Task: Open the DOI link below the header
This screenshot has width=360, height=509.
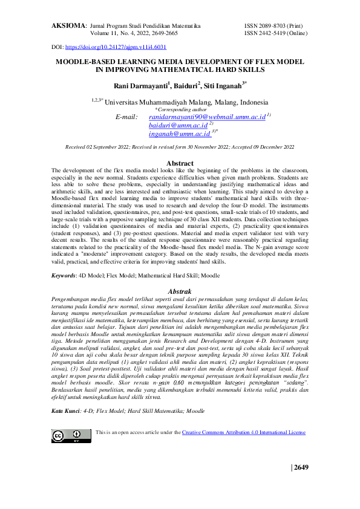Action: click(x=115, y=47)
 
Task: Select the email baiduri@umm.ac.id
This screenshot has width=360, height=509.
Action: click(x=178, y=125)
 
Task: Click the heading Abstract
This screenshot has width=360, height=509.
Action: click(x=180, y=163)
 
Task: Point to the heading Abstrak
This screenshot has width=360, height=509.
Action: click(x=180, y=291)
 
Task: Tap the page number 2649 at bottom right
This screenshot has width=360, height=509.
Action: click(x=301, y=467)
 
